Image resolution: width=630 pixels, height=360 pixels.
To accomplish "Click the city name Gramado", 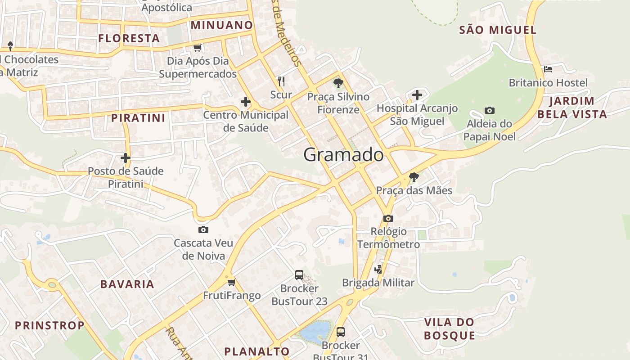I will pyautogui.click(x=343, y=155).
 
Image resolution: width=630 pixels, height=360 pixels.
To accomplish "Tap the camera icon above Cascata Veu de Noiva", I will pyautogui.click(x=203, y=230).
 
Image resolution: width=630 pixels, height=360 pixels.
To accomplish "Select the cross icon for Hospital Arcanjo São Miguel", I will pyautogui.click(x=417, y=95).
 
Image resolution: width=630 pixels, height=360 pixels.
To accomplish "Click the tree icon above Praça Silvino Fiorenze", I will pyautogui.click(x=338, y=83).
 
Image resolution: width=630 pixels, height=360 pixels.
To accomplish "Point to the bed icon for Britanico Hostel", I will pyautogui.click(x=548, y=69).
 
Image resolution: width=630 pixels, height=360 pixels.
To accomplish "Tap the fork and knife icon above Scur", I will pyautogui.click(x=281, y=81).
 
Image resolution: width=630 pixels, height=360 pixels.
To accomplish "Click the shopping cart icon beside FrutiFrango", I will pyautogui.click(x=231, y=283).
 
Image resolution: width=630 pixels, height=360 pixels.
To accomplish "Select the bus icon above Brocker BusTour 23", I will pyautogui.click(x=299, y=275).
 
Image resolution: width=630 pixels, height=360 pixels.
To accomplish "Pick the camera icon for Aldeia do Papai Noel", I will pyautogui.click(x=489, y=110).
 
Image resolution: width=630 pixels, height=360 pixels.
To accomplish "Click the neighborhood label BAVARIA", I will pyautogui.click(x=127, y=284).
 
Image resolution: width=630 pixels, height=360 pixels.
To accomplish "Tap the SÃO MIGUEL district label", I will pyautogui.click(x=498, y=30).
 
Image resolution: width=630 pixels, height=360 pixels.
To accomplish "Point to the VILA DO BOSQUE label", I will pyautogui.click(x=450, y=329).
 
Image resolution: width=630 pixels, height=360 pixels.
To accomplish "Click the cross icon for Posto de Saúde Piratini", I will pyautogui.click(x=126, y=158).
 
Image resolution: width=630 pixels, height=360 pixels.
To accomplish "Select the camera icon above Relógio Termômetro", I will pyautogui.click(x=388, y=219).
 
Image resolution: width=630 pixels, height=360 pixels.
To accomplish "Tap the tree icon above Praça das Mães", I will pyautogui.click(x=414, y=177).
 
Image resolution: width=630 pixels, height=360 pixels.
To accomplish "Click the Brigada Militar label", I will pyautogui.click(x=378, y=283).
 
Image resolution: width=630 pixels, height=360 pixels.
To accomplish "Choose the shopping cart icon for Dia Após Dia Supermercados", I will pyautogui.click(x=197, y=48).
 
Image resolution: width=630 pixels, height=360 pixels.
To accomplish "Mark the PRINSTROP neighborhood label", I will pyautogui.click(x=49, y=325).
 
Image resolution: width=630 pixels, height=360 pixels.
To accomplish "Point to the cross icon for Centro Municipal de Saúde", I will pyautogui.click(x=246, y=102).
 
